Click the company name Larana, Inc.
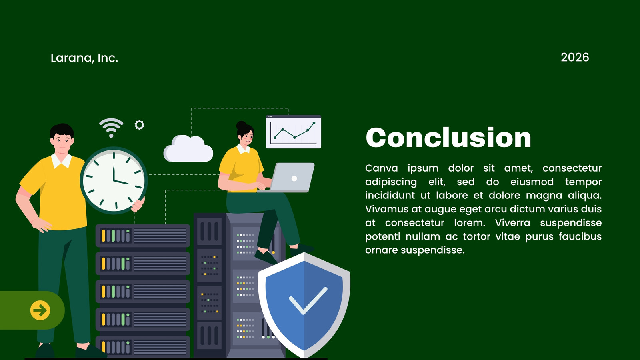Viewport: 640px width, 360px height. point(84,58)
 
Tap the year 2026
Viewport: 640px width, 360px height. point(575,58)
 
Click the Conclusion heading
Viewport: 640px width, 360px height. point(448,138)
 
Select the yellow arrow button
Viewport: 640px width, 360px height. point(40,310)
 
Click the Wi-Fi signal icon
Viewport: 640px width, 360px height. point(111,128)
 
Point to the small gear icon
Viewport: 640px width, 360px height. point(140,125)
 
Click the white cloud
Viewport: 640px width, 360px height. point(188,149)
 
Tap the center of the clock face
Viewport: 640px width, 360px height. point(114,180)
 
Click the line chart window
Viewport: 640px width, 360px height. point(294,132)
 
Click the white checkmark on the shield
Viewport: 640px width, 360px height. point(308,301)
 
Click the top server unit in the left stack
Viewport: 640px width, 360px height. point(143,236)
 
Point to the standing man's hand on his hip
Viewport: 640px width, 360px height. point(42,225)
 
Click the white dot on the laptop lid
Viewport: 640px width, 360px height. point(294,178)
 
